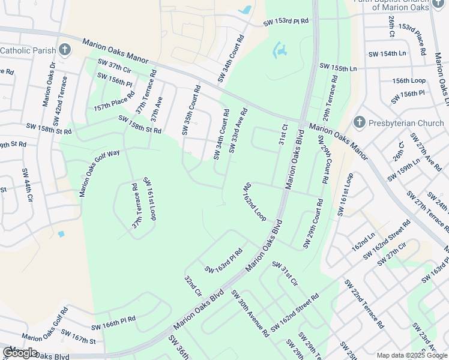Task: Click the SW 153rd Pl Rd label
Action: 286,22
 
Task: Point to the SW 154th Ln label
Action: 387,53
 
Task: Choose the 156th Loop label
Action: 409,80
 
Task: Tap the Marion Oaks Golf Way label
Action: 100,173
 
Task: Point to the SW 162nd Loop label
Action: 254,202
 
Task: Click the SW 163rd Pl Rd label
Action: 224,260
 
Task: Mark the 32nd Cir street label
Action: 192,286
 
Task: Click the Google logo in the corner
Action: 20,352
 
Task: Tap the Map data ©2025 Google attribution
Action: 411,355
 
